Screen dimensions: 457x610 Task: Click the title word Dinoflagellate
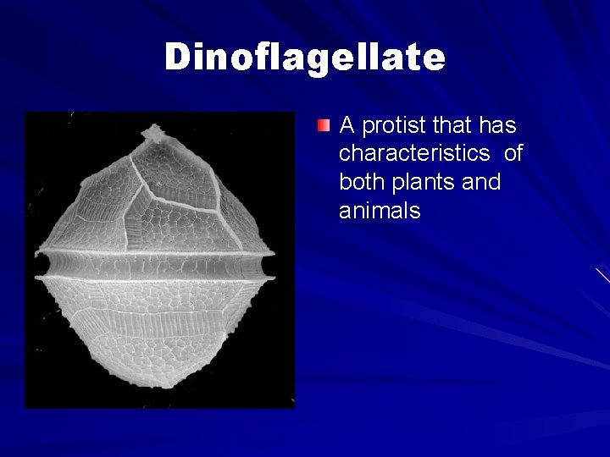click(x=304, y=58)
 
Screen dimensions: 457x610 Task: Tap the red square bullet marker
click(x=323, y=127)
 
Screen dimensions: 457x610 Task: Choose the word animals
click(x=380, y=211)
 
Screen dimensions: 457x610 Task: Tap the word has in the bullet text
click(x=497, y=126)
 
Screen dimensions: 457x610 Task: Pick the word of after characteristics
click(x=513, y=154)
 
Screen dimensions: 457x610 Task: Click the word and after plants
click(x=482, y=182)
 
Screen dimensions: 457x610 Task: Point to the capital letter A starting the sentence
click(x=347, y=126)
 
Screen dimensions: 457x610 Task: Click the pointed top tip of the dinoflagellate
click(x=154, y=131)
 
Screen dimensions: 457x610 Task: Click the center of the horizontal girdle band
click(x=157, y=267)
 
